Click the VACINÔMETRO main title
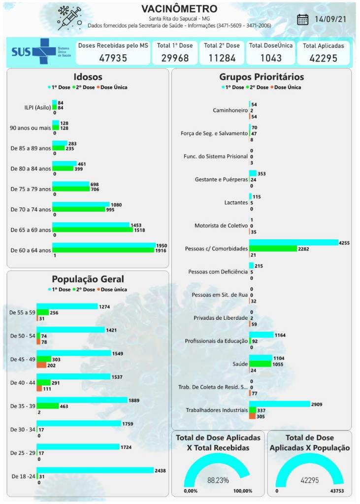179,9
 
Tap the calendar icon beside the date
303,19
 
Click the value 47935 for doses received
113,58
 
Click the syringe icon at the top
69,19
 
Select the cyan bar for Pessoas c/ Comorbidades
294,242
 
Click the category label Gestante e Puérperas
221,179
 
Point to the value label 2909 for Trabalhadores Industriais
318,404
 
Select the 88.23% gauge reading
218,480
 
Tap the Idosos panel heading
88,77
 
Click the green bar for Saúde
260,364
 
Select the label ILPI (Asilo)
31,106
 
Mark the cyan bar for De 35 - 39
82,400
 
